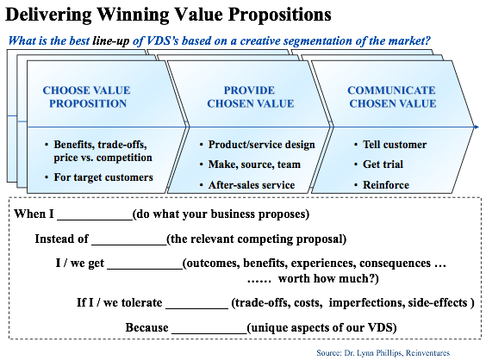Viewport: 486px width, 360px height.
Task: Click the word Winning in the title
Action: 133,15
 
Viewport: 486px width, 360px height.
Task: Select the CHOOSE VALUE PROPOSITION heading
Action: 87,96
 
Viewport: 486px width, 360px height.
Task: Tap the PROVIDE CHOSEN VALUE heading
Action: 250,96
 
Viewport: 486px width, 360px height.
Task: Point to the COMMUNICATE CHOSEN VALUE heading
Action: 392,96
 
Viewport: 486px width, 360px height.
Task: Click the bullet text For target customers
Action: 103,177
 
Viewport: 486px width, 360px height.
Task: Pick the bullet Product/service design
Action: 261,145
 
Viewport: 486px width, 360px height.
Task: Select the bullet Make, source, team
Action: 254,164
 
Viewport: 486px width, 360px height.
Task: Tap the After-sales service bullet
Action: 252,185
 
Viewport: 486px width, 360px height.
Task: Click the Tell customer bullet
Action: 395,145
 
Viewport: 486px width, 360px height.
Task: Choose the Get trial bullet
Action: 383,164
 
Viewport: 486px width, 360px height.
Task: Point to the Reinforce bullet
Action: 386,185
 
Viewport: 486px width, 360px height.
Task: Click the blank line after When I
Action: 95,220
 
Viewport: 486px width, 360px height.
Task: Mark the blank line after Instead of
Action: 129,245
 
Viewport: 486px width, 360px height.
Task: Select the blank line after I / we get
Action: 145,269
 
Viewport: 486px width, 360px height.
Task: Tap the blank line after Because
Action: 209,333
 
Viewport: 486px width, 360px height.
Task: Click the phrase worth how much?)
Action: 328,278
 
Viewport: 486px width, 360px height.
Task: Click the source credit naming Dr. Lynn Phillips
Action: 383,353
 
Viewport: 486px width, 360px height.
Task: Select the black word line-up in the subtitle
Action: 110,41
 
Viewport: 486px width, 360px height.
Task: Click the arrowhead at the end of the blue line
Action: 477,127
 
